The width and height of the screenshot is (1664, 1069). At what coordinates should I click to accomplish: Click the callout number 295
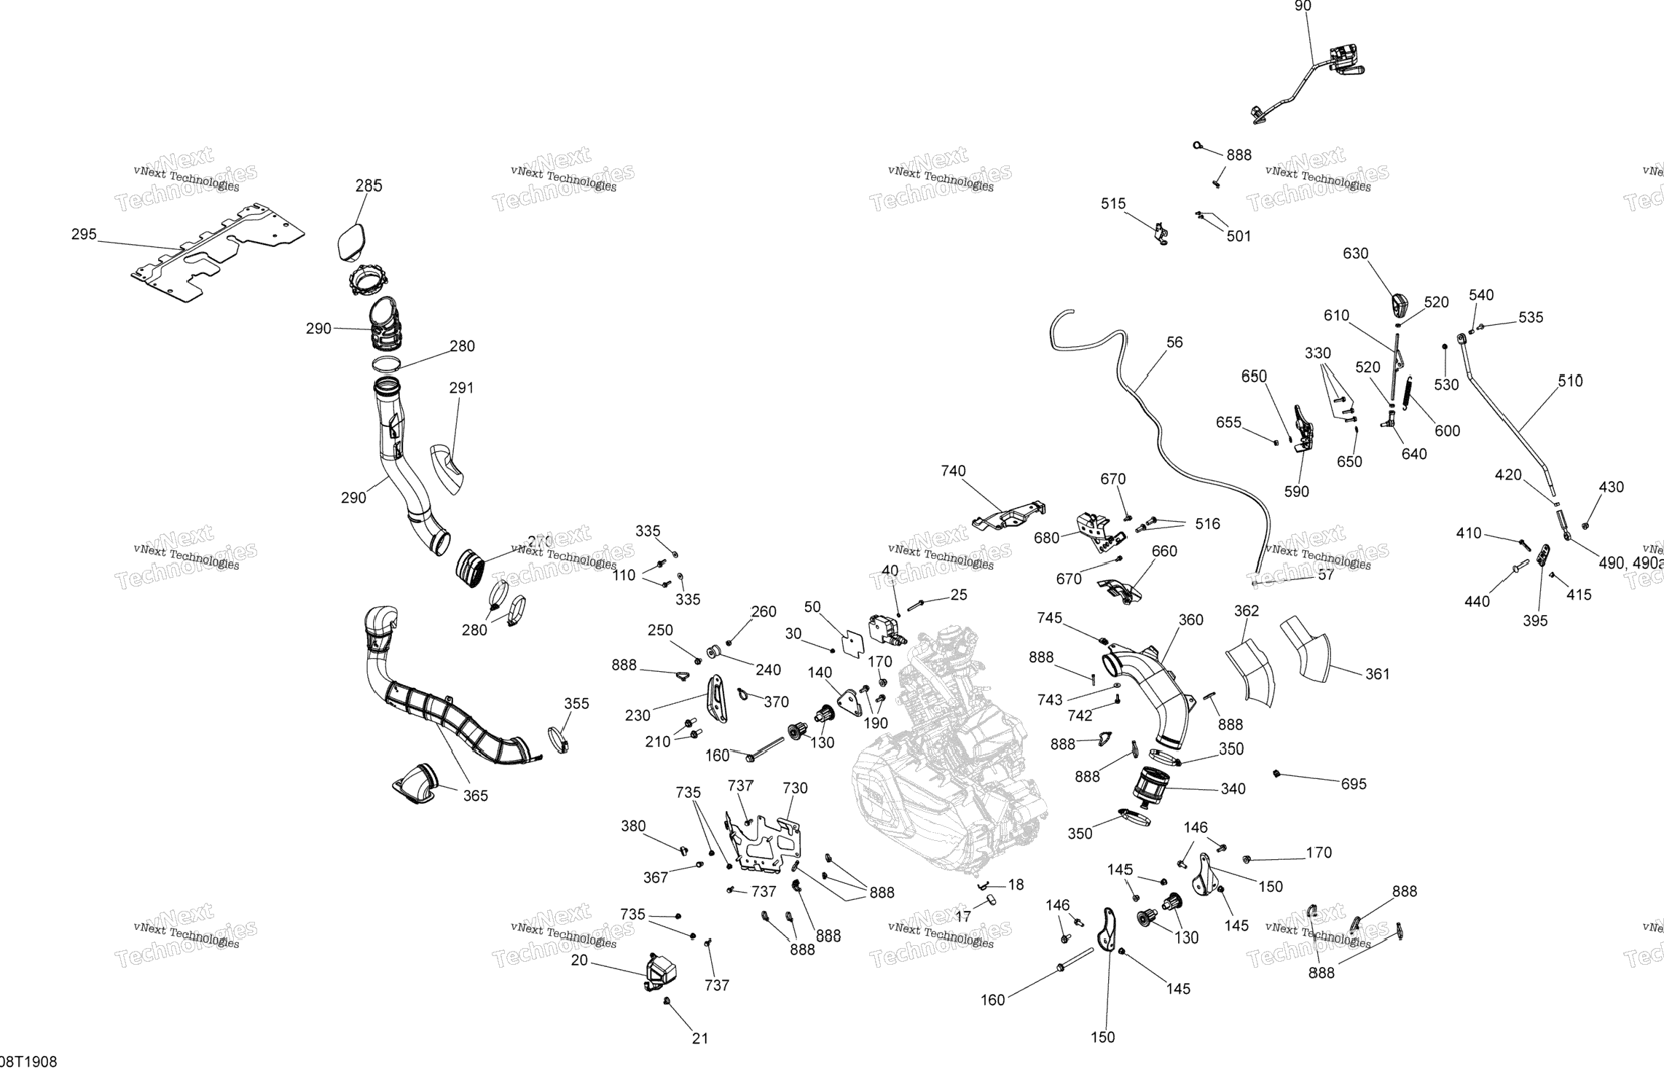[x=84, y=235]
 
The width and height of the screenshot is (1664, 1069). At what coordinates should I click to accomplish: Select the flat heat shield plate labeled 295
[x=219, y=251]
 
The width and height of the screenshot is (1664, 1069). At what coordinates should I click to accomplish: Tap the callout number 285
[x=369, y=186]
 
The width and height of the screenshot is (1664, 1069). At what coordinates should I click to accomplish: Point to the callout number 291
[x=461, y=388]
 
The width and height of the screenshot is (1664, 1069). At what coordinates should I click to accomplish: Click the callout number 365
[x=476, y=796]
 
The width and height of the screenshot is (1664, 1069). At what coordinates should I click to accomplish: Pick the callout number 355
[x=576, y=703]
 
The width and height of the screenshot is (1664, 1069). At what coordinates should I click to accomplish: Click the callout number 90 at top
[x=1302, y=7]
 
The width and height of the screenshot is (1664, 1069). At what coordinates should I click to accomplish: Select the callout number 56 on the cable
[x=1174, y=342]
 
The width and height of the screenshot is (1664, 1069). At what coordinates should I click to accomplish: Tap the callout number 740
[x=953, y=471]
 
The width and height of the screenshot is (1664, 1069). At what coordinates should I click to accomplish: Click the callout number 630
[x=1356, y=254]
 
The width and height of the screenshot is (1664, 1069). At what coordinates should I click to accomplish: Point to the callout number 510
[x=1570, y=381]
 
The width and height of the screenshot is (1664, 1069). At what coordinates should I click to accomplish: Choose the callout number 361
[x=1378, y=674]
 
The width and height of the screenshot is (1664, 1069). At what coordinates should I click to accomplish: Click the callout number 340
[x=1233, y=788]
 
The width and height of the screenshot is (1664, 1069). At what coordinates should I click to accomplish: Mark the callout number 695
[x=1354, y=784]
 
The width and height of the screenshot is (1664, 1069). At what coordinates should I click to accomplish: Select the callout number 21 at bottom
[x=699, y=1038]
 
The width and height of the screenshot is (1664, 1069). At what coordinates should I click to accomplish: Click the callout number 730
[x=795, y=788]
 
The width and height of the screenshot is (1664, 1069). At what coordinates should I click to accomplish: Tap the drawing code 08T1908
[x=29, y=1061]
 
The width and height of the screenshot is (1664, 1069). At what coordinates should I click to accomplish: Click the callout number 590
[x=1296, y=492]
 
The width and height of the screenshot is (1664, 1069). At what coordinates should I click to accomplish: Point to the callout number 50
[x=812, y=607]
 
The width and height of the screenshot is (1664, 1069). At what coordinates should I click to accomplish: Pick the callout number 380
[x=633, y=826]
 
